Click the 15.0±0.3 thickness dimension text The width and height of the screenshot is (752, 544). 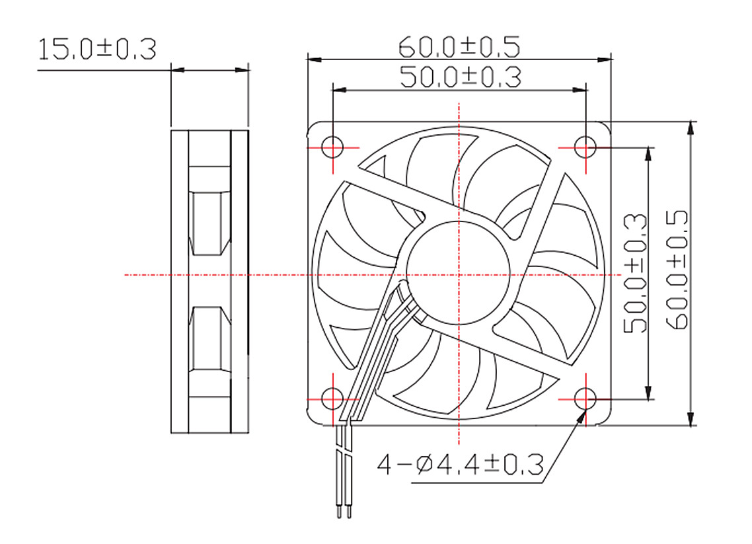pos(97,50)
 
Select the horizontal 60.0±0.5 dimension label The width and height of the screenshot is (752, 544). pos(459,46)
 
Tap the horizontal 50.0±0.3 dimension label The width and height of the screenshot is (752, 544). pos(461,77)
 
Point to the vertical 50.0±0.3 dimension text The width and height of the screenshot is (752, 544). pos(635,274)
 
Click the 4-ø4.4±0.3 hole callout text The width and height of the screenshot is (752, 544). pos(461,465)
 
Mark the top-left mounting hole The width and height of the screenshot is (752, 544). pos(332,147)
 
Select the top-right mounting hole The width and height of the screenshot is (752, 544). pos(585,147)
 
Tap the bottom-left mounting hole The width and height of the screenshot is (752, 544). pos(332,399)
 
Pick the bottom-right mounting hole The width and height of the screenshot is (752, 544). pos(585,399)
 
